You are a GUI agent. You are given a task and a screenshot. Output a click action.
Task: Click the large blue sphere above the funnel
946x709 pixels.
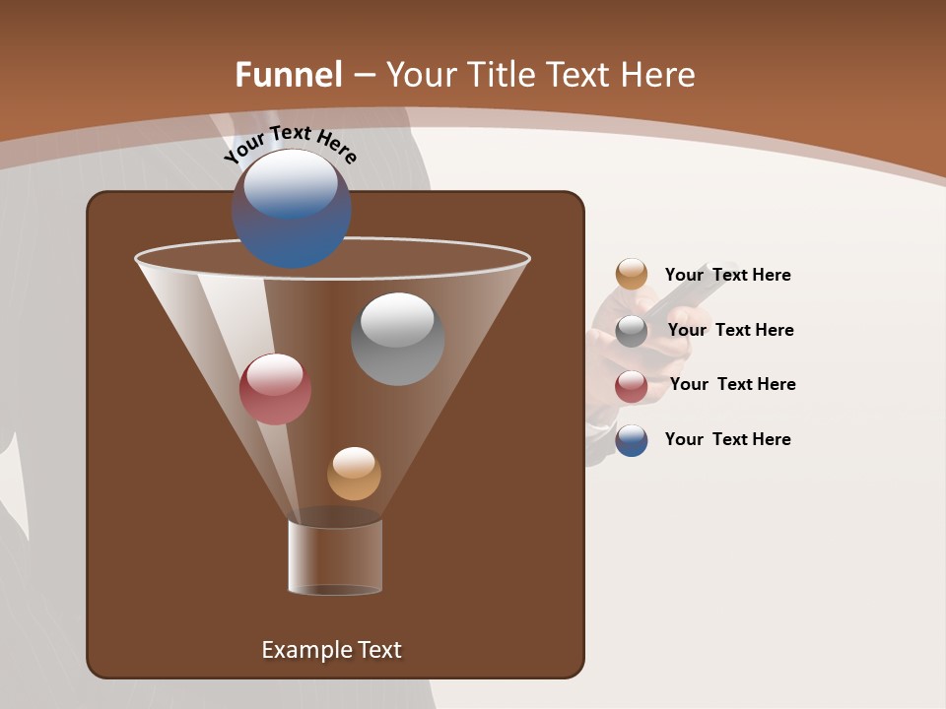pos(291,209)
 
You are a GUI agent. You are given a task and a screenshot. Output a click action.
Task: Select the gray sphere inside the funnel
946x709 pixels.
pos(397,339)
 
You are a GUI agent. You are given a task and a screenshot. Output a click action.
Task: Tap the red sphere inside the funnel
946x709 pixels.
pos(275,389)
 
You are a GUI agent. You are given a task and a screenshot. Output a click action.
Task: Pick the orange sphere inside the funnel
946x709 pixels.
pos(354,474)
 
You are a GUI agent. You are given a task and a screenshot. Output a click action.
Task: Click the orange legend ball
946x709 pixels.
pos(632,275)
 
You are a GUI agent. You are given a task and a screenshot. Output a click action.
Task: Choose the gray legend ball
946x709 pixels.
pos(632,330)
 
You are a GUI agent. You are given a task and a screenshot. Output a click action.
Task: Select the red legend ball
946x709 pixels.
pos(632,385)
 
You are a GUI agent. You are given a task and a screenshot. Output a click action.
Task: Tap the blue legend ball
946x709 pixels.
pos(632,440)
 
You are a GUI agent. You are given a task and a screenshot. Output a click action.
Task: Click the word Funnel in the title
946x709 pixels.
pos(289,75)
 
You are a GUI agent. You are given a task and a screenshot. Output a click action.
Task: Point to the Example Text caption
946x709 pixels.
pos(331,650)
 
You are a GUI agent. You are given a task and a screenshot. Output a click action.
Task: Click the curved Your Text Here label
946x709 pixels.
pos(290,143)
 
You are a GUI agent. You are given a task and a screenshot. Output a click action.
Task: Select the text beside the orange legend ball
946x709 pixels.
pos(727,275)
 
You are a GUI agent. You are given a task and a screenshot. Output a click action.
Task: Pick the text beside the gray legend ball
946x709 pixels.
pos(730,330)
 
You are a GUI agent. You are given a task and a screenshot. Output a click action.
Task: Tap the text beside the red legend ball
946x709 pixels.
pos(732,384)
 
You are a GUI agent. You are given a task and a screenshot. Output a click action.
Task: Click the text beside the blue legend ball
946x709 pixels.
pos(727,439)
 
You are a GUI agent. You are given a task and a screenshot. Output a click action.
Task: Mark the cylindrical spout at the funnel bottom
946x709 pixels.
pos(335,556)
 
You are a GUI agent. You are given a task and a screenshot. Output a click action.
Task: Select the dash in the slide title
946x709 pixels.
pos(364,75)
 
